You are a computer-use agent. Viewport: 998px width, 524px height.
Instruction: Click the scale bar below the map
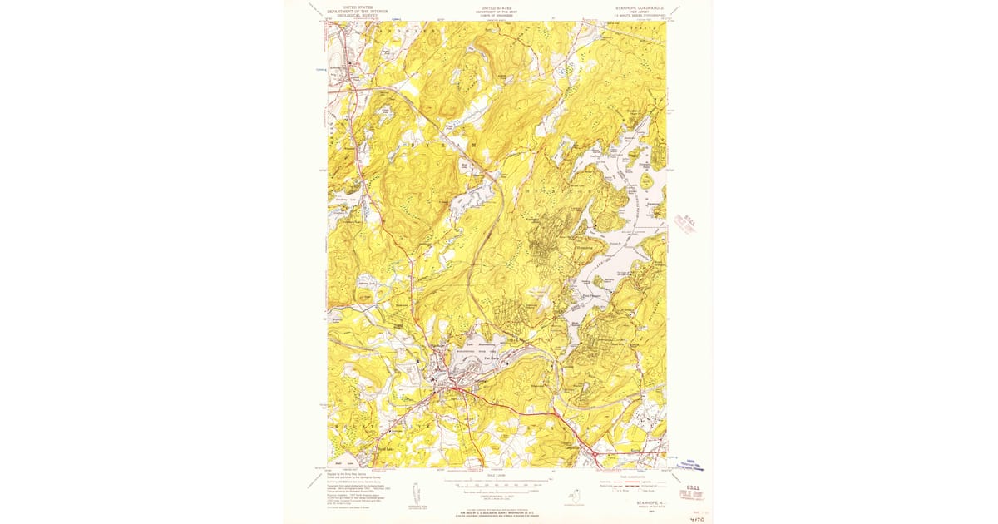(497, 482)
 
